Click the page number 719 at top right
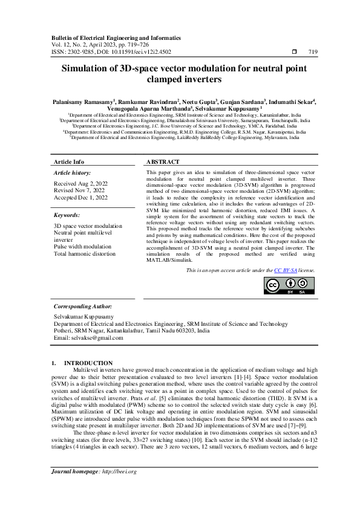(x=313, y=52)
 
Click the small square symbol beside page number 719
(x=294, y=52)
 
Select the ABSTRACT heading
(x=163, y=162)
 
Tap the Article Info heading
(x=69, y=162)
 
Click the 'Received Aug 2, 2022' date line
(x=80, y=182)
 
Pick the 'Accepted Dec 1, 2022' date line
(x=80, y=197)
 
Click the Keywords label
(x=67, y=215)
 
